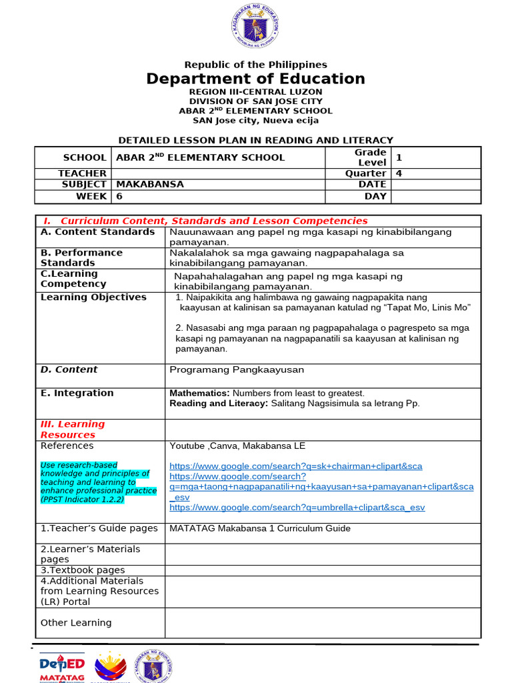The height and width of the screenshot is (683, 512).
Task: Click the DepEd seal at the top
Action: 255,27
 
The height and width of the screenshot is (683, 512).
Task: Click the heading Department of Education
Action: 255,79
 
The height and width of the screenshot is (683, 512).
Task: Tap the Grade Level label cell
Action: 371,157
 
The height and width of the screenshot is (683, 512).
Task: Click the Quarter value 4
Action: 399,173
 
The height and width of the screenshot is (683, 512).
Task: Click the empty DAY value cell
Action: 435,196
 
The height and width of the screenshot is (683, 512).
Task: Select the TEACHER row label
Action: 82,173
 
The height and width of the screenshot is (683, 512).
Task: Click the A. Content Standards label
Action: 97,232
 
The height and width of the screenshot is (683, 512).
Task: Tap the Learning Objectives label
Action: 93,297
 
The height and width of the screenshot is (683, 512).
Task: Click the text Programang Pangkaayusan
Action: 237,370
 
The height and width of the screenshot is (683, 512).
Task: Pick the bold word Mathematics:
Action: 199,394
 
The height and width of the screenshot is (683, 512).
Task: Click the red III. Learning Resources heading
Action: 73,430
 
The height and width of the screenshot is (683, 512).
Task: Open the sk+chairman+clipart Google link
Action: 295,466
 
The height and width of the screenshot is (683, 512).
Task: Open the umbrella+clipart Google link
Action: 297,508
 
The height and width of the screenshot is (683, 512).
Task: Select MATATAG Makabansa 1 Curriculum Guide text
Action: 260,528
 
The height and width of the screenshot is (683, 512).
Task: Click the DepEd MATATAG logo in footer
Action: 62,667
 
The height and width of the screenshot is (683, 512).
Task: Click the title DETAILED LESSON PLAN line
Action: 255,140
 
